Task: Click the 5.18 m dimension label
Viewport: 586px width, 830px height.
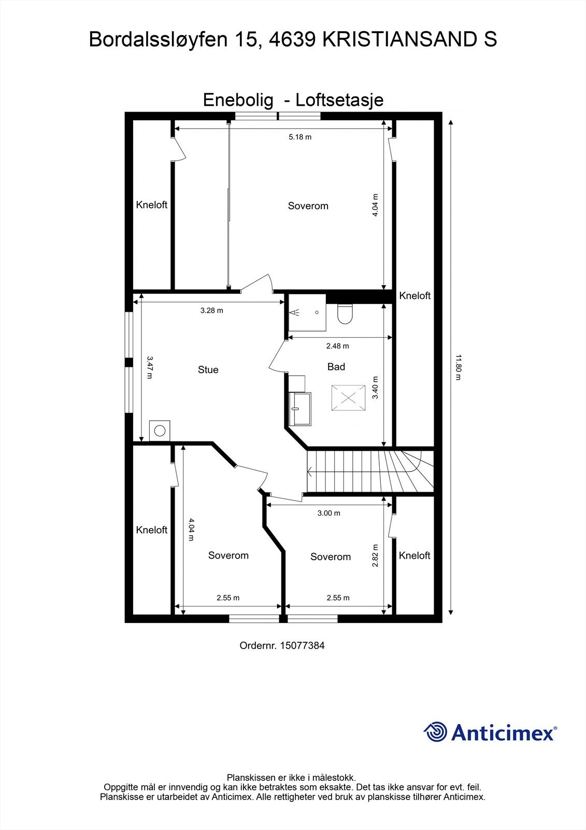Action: (x=300, y=137)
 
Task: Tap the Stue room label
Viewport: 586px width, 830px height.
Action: (x=208, y=370)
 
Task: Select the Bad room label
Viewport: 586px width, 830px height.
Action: (x=336, y=367)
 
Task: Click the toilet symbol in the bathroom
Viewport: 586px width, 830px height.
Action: (x=345, y=313)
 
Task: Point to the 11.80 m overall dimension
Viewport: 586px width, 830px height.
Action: (x=458, y=367)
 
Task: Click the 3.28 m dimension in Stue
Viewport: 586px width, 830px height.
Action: (x=211, y=311)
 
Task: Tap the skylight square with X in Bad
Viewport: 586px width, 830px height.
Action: (x=347, y=398)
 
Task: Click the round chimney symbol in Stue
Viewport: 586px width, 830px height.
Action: (x=160, y=431)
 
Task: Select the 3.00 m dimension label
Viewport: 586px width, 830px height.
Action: (x=328, y=513)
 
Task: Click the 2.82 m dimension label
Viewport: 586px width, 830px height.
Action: (x=376, y=555)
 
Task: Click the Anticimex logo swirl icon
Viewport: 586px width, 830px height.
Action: (x=435, y=732)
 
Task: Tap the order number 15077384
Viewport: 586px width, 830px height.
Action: (x=302, y=646)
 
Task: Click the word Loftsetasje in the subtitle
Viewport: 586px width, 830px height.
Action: (x=340, y=100)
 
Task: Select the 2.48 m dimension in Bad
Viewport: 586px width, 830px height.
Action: (x=337, y=346)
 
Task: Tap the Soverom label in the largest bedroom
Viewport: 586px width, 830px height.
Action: (x=308, y=206)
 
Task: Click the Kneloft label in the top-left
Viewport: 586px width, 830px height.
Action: (x=152, y=205)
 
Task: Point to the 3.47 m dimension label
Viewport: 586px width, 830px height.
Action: (x=149, y=367)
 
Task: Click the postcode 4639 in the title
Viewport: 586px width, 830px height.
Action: (x=290, y=39)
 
